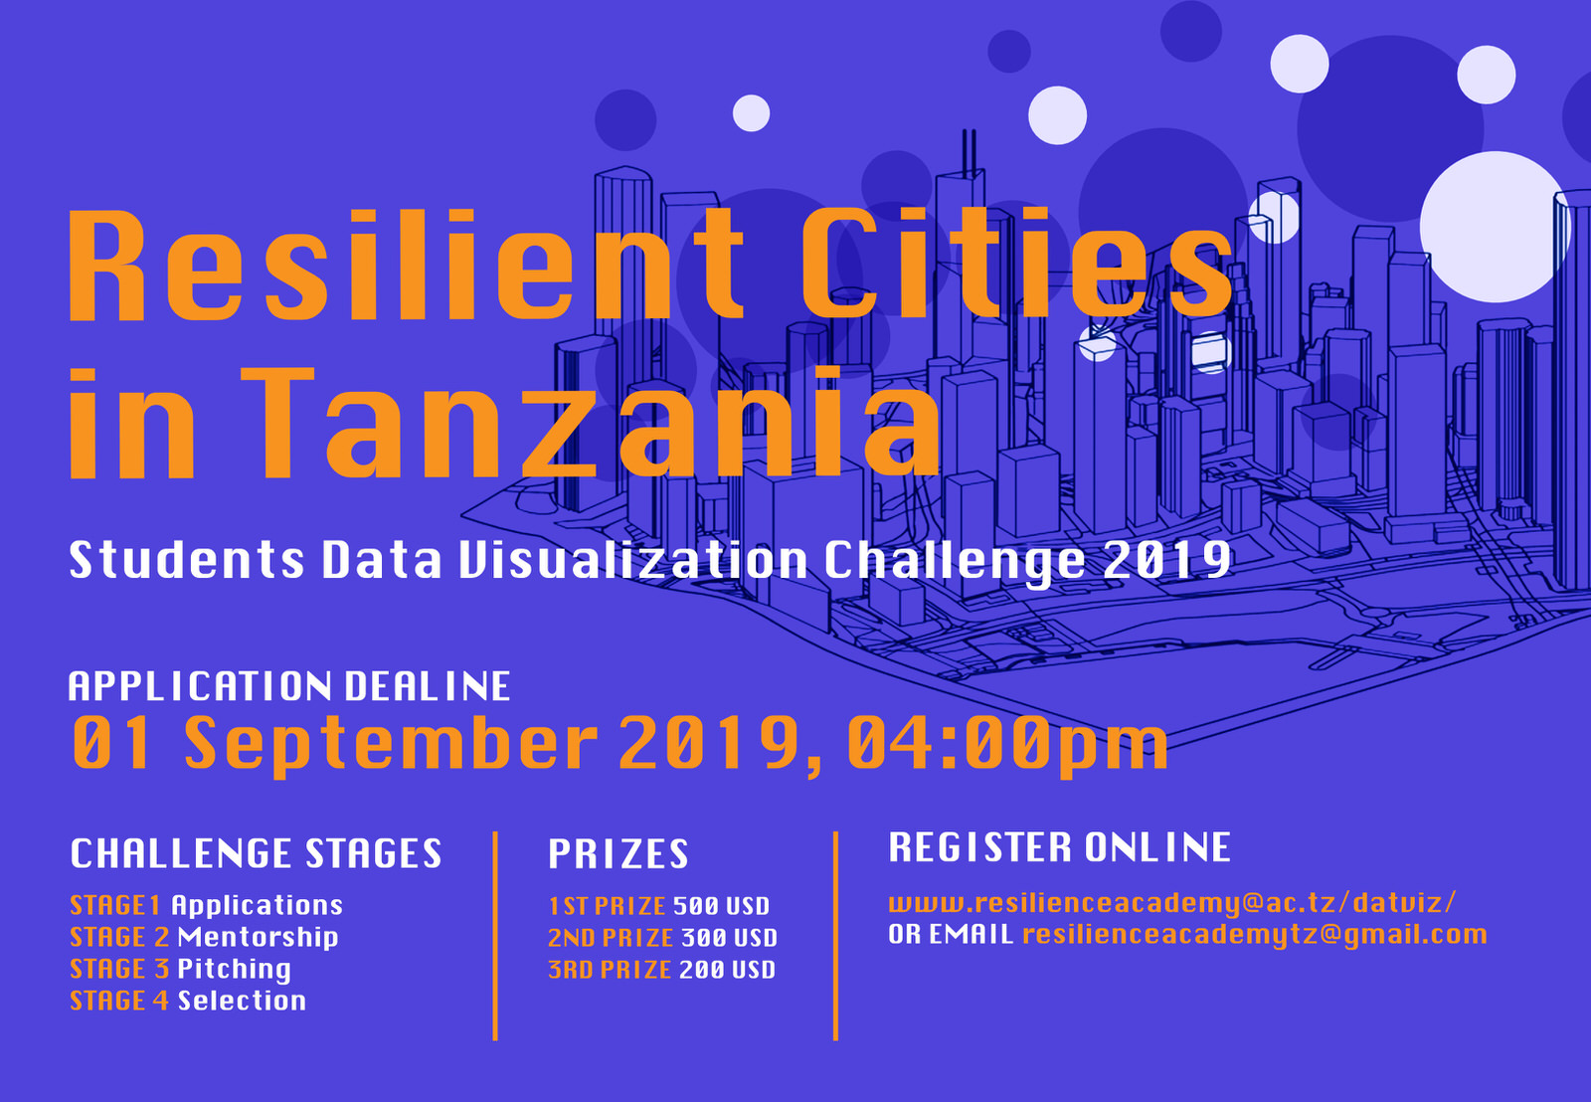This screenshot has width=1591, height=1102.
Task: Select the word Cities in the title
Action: point(1016,263)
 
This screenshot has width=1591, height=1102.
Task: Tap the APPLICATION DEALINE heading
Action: point(289,686)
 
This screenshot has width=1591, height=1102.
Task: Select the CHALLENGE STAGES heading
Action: point(256,853)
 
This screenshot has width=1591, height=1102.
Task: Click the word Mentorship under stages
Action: point(258,937)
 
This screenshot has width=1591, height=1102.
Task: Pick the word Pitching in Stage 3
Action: point(235,969)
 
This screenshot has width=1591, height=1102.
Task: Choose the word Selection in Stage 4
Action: point(242,1001)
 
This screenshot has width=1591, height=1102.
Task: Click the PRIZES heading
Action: point(618,854)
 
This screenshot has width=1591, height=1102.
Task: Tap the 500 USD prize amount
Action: point(721,906)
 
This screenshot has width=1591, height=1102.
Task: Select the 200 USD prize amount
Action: point(727,970)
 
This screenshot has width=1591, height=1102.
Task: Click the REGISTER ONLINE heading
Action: point(1059,847)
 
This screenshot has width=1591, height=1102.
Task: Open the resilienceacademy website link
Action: point(1172,903)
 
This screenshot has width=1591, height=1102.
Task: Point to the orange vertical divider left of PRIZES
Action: point(495,936)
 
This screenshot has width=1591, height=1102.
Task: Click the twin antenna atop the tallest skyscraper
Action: point(969,153)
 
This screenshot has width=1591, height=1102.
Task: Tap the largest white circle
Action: point(1495,227)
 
